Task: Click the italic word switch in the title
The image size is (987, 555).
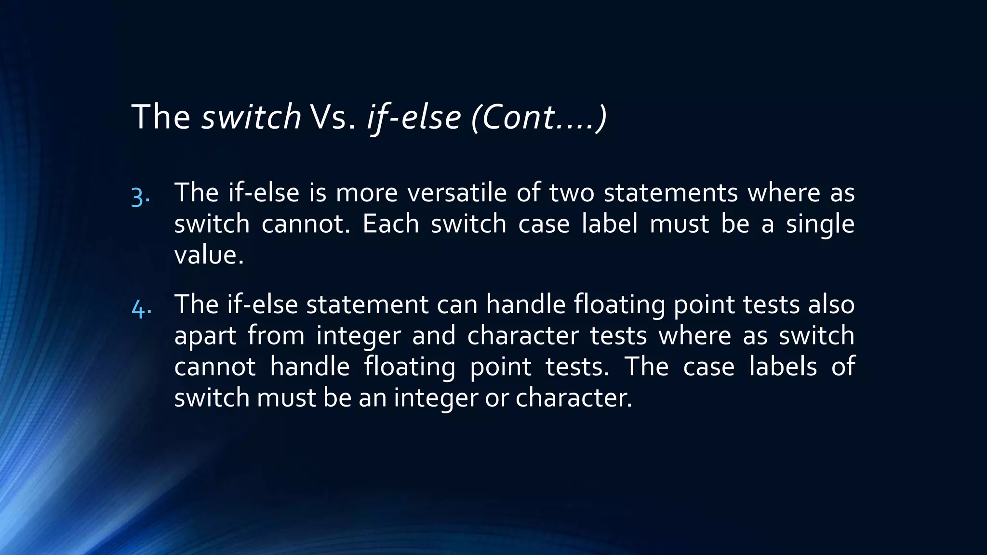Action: point(251,117)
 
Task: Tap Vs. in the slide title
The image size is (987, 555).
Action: point(333,117)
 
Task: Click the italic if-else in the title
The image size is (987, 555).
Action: point(414,117)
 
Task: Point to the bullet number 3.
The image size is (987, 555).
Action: point(140,197)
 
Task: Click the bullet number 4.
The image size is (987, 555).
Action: point(141,308)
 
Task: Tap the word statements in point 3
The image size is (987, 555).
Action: point(670,193)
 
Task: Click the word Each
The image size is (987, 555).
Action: point(391,224)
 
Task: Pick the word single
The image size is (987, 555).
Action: point(820,224)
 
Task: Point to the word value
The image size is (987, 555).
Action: point(209,255)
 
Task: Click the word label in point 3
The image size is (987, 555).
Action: point(610,224)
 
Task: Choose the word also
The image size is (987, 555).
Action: point(831,304)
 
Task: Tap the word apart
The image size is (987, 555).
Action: point(205,336)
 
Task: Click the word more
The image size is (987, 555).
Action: point(366,193)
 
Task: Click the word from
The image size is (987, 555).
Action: point(276,336)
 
